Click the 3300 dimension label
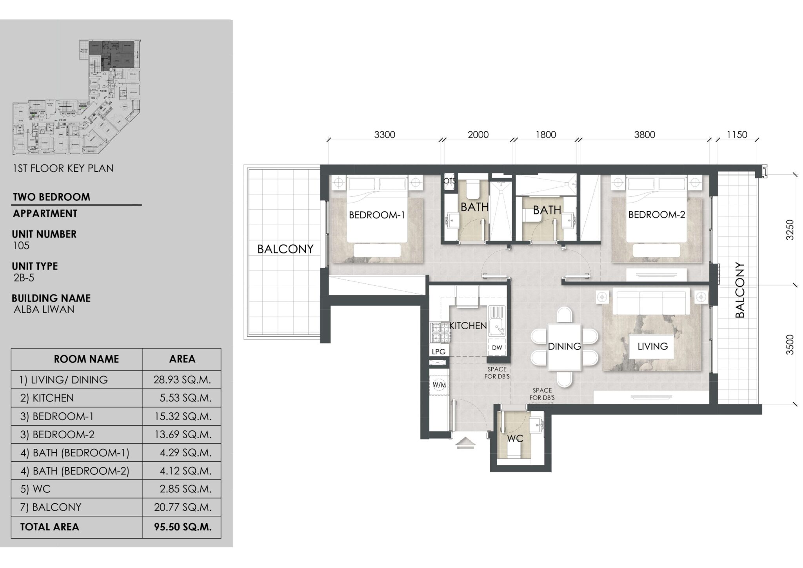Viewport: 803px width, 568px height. click(x=384, y=135)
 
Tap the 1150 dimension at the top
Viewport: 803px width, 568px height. click(x=737, y=135)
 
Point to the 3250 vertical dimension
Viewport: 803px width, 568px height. click(x=790, y=230)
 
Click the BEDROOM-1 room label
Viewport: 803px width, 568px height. click(x=376, y=215)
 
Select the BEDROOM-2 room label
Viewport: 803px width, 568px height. click(x=656, y=214)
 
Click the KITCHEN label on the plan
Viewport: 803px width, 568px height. click(x=468, y=325)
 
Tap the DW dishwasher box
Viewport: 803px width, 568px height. click(x=497, y=347)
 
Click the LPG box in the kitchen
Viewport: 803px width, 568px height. click(x=438, y=352)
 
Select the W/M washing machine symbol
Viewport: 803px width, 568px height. click(x=439, y=385)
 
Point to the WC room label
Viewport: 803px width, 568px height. click(x=515, y=438)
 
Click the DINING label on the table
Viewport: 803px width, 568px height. click(x=564, y=346)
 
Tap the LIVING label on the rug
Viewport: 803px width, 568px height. click(x=652, y=346)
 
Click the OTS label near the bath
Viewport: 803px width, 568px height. click(x=450, y=181)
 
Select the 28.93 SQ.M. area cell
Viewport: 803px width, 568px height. click(x=182, y=379)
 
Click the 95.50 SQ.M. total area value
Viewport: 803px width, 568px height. click(x=182, y=527)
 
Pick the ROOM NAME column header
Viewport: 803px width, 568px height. click(x=86, y=359)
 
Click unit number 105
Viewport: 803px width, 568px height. click(x=21, y=246)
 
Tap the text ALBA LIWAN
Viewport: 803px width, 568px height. click(x=44, y=309)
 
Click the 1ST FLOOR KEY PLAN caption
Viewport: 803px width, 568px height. click(x=63, y=168)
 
